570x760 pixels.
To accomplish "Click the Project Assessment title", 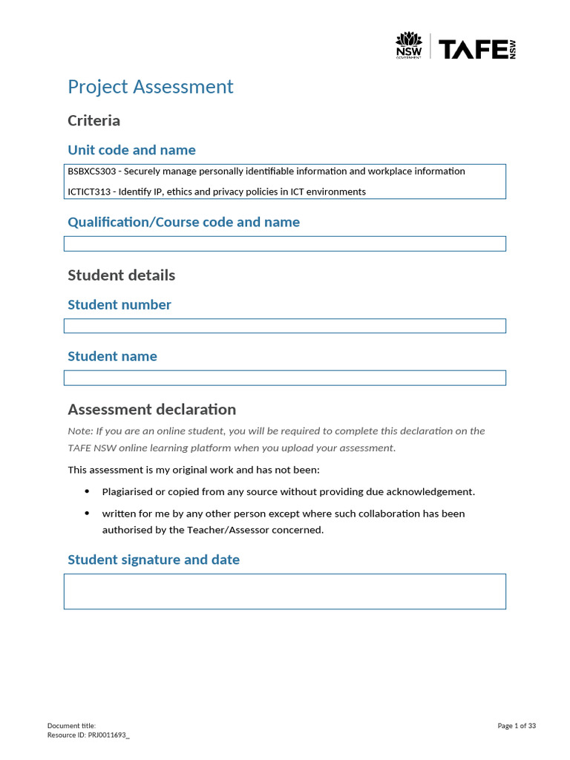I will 150,87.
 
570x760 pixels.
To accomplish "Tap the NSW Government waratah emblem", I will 408,45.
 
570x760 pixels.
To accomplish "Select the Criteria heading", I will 94,120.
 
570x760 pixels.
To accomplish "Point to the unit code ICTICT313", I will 88,191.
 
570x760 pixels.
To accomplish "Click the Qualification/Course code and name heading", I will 183,222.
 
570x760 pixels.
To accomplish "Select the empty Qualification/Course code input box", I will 284,243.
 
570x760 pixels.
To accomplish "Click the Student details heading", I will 121,275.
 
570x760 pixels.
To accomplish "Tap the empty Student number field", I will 284,326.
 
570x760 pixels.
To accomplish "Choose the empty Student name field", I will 284,378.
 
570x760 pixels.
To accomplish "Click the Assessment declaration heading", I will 151,409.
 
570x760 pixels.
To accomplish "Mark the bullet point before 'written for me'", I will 87,513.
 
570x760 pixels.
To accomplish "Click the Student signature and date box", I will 284,591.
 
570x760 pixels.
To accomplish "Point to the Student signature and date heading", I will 154,560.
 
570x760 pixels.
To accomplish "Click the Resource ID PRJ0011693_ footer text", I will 88,735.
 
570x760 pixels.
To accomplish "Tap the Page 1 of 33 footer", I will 517,726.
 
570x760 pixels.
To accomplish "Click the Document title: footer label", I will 71,726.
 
